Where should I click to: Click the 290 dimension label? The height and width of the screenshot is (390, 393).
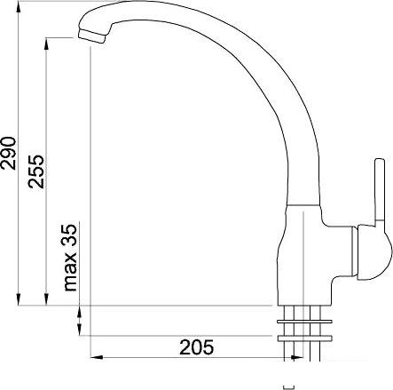(x=8, y=153)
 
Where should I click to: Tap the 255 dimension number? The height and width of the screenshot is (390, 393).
(x=36, y=171)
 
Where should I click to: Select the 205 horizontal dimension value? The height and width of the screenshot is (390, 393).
(x=196, y=347)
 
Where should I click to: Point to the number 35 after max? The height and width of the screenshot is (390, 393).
(x=69, y=234)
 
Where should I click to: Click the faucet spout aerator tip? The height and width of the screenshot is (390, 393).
(x=92, y=36)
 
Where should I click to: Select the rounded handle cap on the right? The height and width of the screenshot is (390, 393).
(x=375, y=252)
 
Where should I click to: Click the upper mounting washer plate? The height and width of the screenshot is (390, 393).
(x=304, y=322)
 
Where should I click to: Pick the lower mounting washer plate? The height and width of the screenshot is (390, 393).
(x=304, y=338)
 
